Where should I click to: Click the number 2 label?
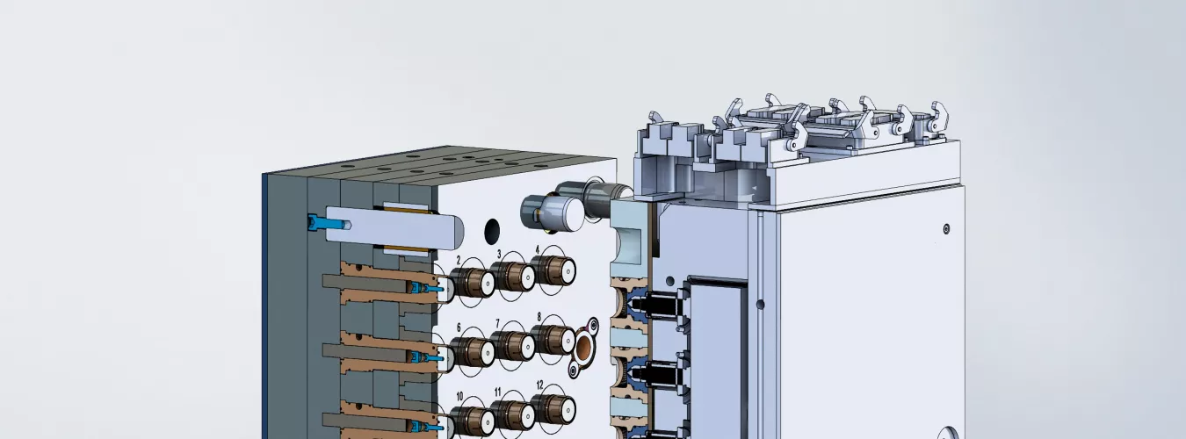pyautogui.click(x=459, y=260)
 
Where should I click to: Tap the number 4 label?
pyautogui.click(x=538, y=249)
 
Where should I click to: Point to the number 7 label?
pyautogui.click(x=497, y=323)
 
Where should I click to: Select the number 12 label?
pyautogui.click(x=539, y=385)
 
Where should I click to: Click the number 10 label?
pyautogui.click(x=459, y=396)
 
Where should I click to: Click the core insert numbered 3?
pyautogui.click(x=512, y=276)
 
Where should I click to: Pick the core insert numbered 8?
pyautogui.click(x=553, y=340)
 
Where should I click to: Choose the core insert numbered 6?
pyautogui.click(x=473, y=352)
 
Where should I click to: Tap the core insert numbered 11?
pyautogui.click(x=512, y=414)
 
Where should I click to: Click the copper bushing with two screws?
pyautogui.click(x=583, y=347)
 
